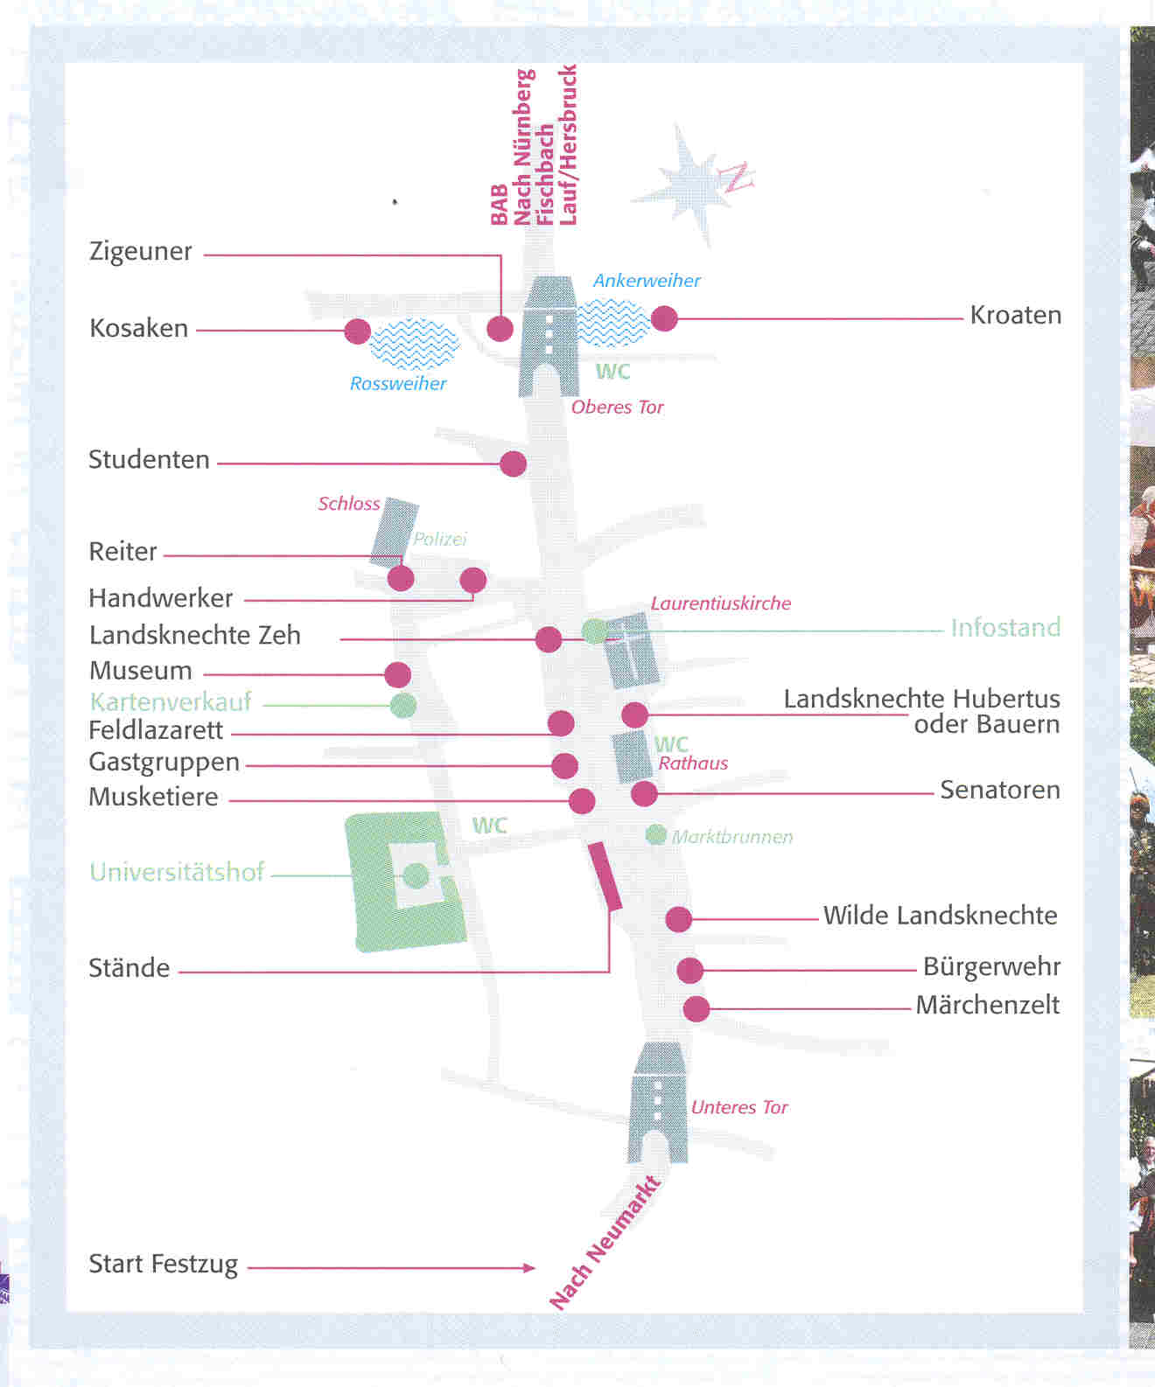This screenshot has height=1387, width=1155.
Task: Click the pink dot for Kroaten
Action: pos(664,319)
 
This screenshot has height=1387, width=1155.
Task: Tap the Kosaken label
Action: pos(139,328)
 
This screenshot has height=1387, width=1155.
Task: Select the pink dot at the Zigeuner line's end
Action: pos(500,328)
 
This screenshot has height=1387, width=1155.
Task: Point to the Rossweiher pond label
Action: pos(398,383)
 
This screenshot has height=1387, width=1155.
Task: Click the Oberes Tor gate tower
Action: pos(548,336)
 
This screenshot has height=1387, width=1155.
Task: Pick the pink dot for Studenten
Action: pos(513,463)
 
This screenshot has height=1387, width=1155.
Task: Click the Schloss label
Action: pos(349,504)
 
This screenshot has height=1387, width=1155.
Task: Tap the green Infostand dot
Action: pos(595,631)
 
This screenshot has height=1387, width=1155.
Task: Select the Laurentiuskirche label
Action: pos(721,603)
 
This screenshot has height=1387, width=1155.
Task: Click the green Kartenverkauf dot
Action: pos(402,705)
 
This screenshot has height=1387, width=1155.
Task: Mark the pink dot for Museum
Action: pos(397,675)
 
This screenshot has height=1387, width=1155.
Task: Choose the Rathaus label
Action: pos(693,763)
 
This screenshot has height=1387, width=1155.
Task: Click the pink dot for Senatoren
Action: pos(644,794)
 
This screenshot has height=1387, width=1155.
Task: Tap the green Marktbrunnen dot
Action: pos(656,834)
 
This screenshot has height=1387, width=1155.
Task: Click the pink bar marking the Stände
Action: pos(605,876)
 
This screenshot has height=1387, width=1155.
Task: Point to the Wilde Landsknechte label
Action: pos(941,916)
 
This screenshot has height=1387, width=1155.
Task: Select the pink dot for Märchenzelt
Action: pos(696,1009)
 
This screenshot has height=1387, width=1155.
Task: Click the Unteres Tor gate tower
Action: pos(658,1102)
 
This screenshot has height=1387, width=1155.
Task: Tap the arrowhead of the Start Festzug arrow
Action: pos(529,1268)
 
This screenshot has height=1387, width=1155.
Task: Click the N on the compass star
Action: pos(737,177)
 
